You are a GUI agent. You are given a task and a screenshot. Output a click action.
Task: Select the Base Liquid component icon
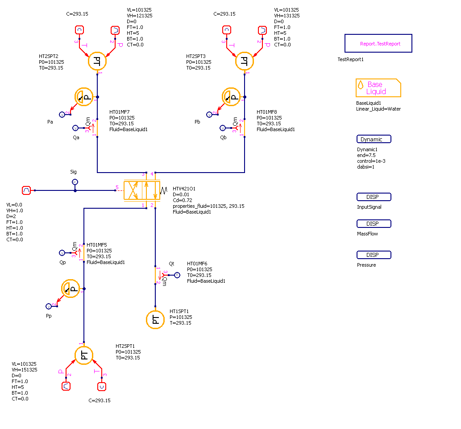[x=378, y=88]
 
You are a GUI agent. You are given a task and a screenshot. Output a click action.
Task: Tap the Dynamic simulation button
[x=374, y=139]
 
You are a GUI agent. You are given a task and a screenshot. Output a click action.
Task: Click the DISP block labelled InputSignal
[x=374, y=197]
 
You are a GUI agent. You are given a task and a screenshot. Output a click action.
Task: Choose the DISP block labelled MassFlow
[x=374, y=224]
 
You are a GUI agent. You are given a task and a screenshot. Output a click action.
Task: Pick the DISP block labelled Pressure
[x=374, y=255]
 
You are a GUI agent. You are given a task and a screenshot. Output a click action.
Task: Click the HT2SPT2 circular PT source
[x=97, y=62]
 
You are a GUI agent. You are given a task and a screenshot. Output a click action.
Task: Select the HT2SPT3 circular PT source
[x=244, y=62]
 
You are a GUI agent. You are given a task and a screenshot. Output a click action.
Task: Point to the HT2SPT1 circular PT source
[x=83, y=355]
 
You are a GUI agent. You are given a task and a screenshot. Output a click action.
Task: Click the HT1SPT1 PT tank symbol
[x=155, y=319]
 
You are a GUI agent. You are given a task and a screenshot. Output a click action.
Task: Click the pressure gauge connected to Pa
[x=83, y=97]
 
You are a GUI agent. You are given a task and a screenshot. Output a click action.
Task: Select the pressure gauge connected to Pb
[x=231, y=97]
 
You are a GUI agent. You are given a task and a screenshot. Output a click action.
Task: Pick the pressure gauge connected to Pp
[x=70, y=289]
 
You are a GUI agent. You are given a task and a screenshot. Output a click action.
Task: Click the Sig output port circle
[x=75, y=181]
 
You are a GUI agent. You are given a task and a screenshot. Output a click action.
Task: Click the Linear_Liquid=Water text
[x=378, y=109]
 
